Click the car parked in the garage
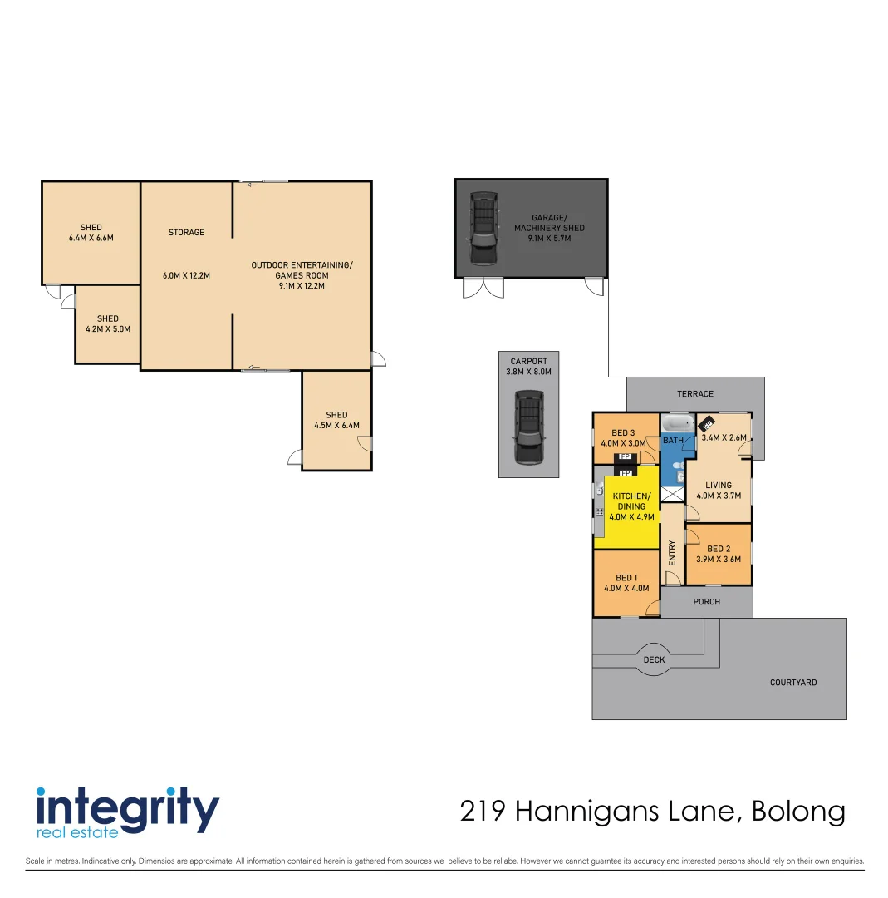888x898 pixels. point(483,228)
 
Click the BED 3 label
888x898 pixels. point(623,432)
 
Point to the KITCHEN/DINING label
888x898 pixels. point(631,501)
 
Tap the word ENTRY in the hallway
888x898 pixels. point(672,552)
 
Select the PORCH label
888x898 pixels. point(707,602)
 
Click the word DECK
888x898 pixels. point(655,660)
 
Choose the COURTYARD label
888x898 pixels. point(793,683)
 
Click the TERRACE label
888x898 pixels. point(695,394)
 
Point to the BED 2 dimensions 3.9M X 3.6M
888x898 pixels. point(719,560)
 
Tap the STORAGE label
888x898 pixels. point(186,233)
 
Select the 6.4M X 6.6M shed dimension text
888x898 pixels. point(91,238)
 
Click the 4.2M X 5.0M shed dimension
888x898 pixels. point(108,329)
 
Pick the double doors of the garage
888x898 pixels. point(483,288)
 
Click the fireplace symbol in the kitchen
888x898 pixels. point(626,472)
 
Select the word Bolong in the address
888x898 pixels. point(798,812)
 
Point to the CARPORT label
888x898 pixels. point(529,362)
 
